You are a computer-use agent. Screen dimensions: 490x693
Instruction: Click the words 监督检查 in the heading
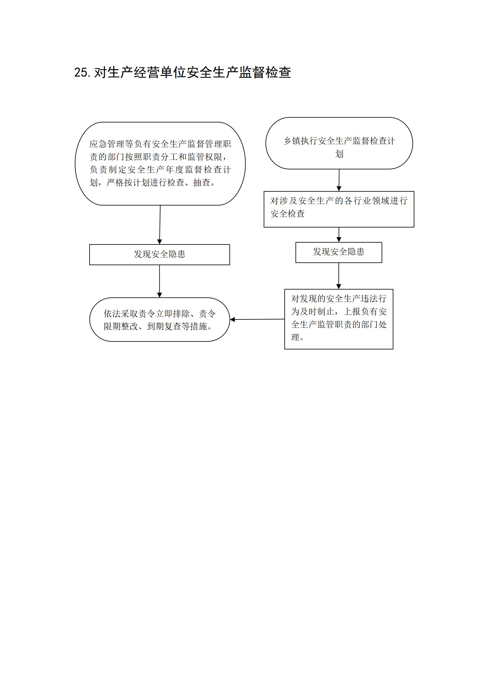point(265,73)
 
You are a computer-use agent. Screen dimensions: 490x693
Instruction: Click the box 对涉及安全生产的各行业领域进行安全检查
point(339,209)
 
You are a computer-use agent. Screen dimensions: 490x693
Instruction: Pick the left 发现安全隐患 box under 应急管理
point(160,255)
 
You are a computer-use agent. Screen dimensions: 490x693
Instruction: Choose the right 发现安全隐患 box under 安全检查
point(339,253)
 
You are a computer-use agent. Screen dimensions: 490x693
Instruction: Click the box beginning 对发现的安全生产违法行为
point(339,319)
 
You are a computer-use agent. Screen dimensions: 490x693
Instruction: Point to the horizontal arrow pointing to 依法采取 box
point(257,319)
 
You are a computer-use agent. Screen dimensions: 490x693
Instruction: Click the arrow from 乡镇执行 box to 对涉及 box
point(339,180)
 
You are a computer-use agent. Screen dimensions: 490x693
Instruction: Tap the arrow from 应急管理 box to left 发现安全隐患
point(160,225)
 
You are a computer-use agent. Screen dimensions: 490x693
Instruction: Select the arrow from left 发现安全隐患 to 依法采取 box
point(160,281)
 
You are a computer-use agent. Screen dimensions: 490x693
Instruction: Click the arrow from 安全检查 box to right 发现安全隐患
point(339,235)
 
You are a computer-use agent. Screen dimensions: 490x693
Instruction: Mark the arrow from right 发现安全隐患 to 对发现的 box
point(339,276)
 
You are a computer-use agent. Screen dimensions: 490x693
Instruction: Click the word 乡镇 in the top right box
point(292,141)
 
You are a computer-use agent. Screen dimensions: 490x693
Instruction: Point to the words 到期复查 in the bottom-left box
point(164,326)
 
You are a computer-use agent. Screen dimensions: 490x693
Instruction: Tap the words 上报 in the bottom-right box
point(352,311)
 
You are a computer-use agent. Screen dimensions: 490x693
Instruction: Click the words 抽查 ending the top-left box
point(202,182)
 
